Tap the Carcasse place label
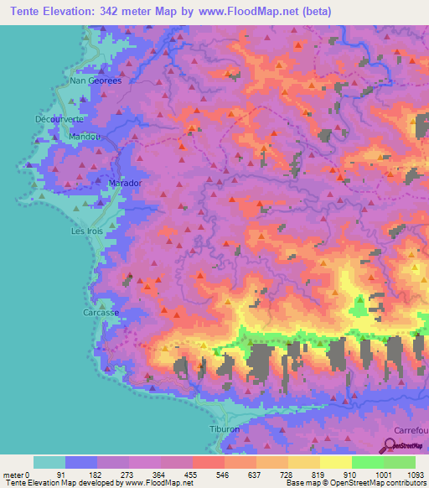tap(100, 312)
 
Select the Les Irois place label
tap(85, 231)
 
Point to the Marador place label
tap(126, 183)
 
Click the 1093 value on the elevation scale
tap(415, 474)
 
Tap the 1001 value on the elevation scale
tap(383, 474)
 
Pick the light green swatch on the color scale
tap(367, 462)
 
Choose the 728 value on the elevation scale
tap(287, 474)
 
